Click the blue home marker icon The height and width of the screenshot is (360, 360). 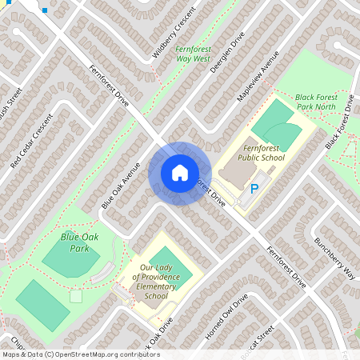[180, 173]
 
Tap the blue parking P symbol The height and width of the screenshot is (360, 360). [254, 190]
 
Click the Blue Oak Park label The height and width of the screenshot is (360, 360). [74, 242]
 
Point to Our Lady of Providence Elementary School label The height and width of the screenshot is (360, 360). [155, 282]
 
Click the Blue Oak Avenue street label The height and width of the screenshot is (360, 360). [121, 186]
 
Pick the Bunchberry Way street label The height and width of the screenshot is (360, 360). [334, 257]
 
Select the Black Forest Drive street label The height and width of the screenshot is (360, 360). [339, 122]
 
